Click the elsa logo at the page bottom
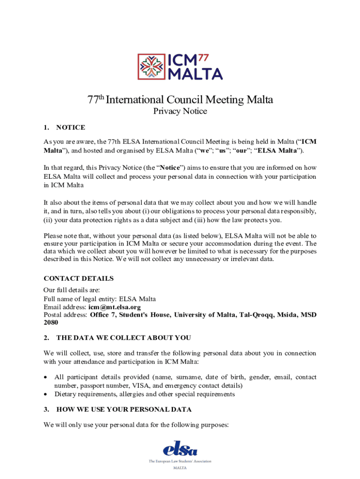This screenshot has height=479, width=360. [x=180, y=450]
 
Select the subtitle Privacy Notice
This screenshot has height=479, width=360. [x=180, y=111]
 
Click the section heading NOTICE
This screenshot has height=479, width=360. [x=70, y=127]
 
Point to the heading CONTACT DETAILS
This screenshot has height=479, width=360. [x=79, y=278]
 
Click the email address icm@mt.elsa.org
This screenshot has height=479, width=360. [x=115, y=307]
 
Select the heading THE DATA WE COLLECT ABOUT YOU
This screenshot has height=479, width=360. [x=123, y=338]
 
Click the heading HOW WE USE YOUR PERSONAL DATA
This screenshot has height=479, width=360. [x=123, y=409]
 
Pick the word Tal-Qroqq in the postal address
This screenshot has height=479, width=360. [x=256, y=315]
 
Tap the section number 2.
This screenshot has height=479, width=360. [x=46, y=338]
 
